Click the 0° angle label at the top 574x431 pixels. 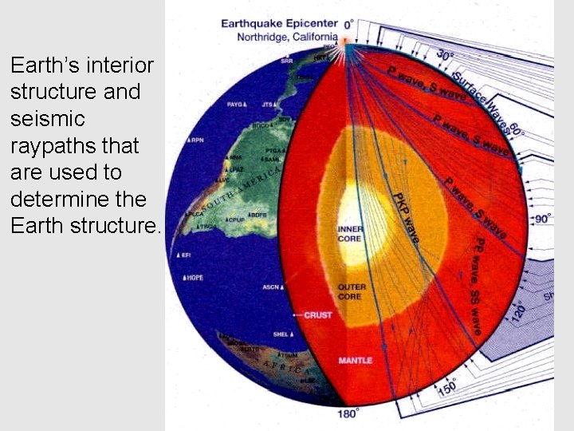click(x=348, y=25)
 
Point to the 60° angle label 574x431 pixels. click(x=516, y=130)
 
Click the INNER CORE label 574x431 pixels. click(x=350, y=234)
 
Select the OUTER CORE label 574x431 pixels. click(x=352, y=291)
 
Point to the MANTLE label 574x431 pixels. click(x=354, y=360)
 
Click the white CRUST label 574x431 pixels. click(x=318, y=315)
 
